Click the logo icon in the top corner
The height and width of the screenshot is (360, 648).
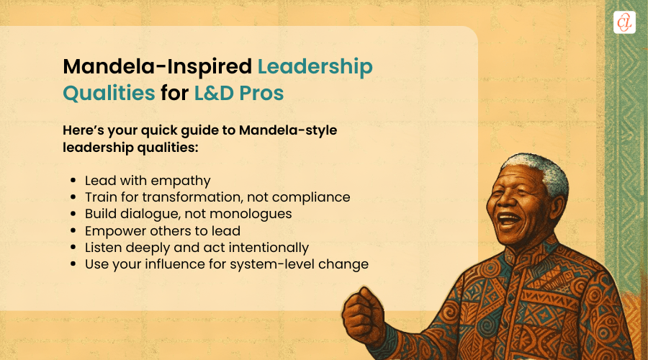click(x=624, y=22)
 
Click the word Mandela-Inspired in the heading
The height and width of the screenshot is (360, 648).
click(x=156, y=67)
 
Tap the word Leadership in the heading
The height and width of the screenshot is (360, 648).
click(x=315, y=67)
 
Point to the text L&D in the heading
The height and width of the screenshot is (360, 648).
click(x=207, y=93)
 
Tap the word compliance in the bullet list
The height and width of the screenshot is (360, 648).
click(x=314, y=197)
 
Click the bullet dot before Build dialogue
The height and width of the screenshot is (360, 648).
click(x=76, y=215)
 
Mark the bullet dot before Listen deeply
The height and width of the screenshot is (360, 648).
click(x=76, y=248)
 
